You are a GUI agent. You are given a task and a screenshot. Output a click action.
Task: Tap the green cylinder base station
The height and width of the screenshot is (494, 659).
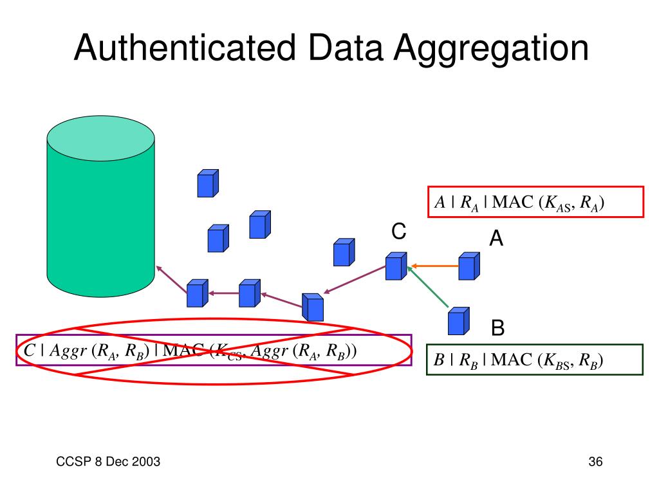tap(100, 206)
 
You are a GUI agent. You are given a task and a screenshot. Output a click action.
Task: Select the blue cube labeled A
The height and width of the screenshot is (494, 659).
tap(469, 266)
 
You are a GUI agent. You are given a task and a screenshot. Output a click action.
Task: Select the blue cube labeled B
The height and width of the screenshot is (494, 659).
tap(458, 321)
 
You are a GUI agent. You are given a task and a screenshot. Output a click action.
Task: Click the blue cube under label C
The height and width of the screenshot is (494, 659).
tap(395, 266)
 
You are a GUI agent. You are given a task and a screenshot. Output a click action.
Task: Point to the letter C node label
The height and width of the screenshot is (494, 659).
tap(399, 232)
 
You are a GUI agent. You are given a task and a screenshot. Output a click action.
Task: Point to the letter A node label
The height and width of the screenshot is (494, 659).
tap(496, 239)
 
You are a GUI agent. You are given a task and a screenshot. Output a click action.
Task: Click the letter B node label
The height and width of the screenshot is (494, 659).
tap(497, 328)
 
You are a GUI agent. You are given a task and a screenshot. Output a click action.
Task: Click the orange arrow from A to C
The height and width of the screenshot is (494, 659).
tap(434, 265)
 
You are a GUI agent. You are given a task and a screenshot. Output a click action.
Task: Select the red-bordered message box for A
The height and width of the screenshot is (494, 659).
tap(535, 202)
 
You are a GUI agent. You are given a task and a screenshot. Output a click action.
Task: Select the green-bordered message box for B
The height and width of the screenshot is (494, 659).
tap(535, 360)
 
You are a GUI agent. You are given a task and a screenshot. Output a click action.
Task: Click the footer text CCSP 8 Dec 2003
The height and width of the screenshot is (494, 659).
tap(107, 462)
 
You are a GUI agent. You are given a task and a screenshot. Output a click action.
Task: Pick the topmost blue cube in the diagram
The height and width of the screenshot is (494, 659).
tap(207, 183)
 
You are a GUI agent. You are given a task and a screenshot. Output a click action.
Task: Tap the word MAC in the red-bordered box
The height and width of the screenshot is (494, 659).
tap(514, 202)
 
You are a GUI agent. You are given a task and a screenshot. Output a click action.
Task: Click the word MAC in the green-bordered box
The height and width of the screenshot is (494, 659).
tap(514, 360)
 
